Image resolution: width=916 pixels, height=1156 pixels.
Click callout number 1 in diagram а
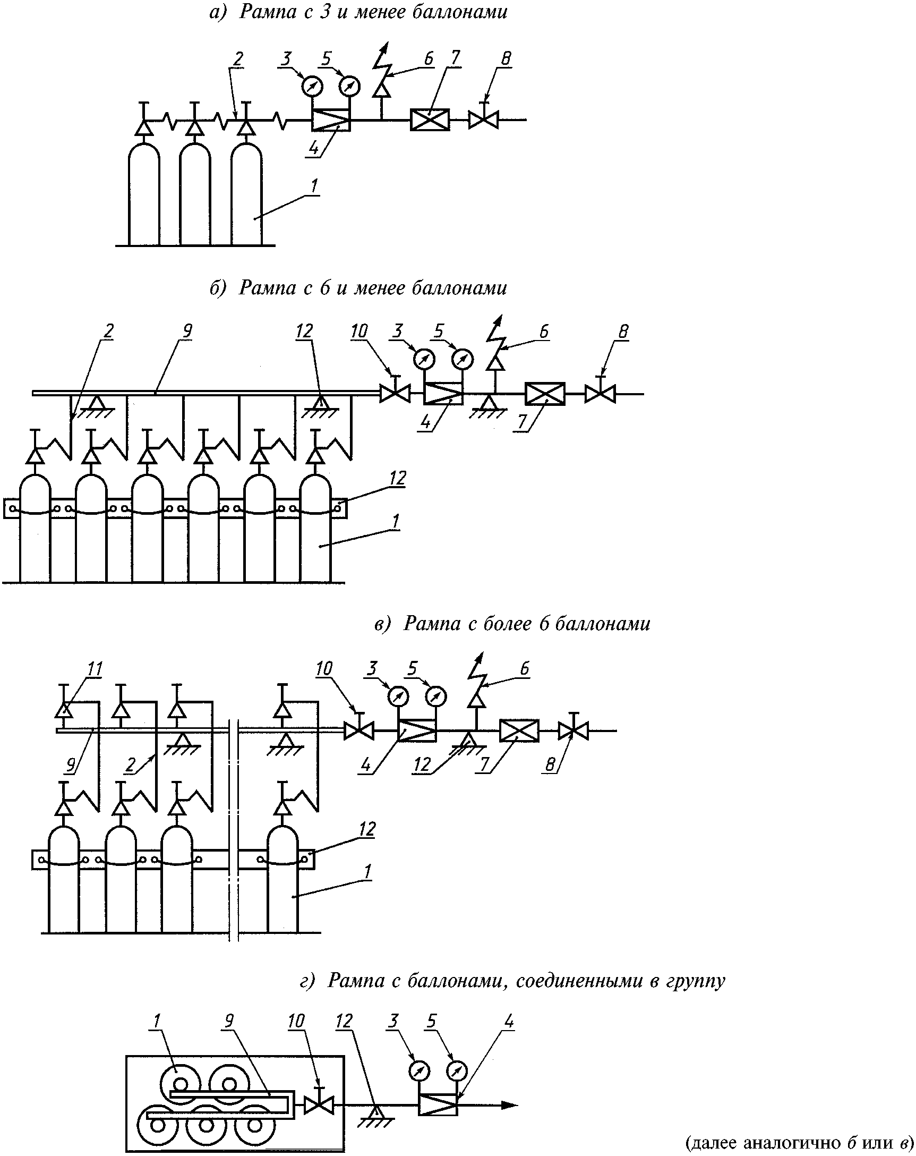point(314,185)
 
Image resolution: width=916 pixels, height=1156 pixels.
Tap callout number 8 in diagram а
point(506,58)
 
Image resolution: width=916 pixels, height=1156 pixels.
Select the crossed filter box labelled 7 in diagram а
point(430,120)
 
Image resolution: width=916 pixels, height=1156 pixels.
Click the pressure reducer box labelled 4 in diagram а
point(331,120)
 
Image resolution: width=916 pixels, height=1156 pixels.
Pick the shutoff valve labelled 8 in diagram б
point(600,394)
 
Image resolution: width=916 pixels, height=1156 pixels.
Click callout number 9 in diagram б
point(187,331)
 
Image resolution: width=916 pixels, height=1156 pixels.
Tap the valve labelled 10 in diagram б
point(395,394)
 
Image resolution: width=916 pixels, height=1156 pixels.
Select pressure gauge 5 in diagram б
point(463,359)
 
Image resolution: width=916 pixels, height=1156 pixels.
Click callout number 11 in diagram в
point(95,669)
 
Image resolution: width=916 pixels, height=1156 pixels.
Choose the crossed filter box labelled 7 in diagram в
point(519,731)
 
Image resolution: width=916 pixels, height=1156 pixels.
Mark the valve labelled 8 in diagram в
point(573,731)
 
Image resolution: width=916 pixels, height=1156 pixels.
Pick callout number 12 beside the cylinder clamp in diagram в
point(366,829)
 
